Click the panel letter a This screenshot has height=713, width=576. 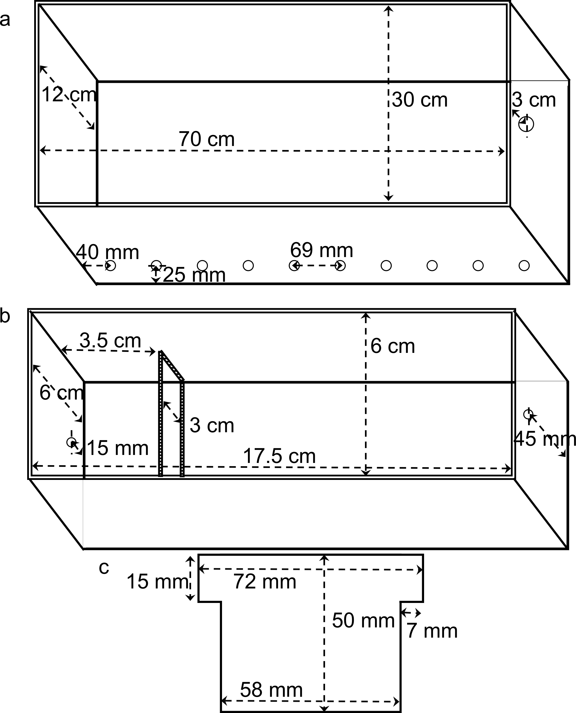tap(5, 20)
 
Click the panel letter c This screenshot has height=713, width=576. tap(104, 568)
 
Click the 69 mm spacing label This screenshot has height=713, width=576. tap(322, 250)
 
